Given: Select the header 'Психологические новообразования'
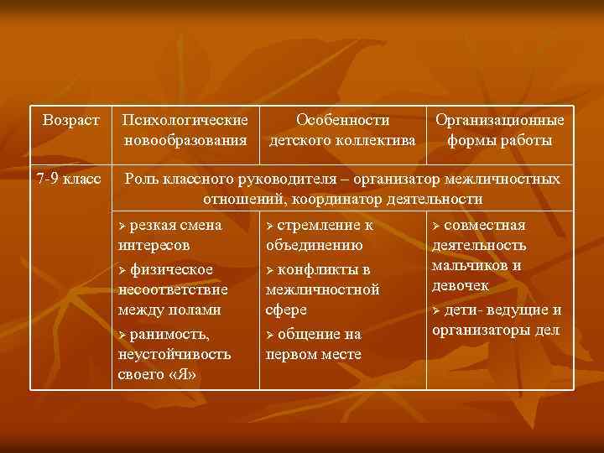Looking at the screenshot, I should tap(185, 130).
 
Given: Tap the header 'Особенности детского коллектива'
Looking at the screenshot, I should tap(342, 130).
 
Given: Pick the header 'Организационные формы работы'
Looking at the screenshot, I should tap(499, 130).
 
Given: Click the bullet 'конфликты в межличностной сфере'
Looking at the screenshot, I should tap(322, 289).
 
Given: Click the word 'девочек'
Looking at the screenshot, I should tap(461, 286).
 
